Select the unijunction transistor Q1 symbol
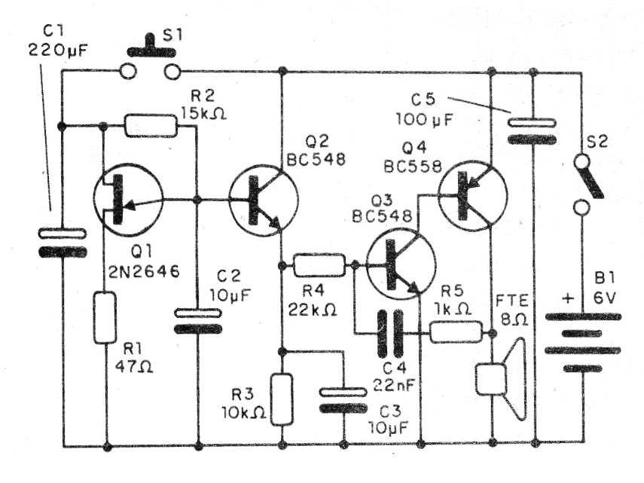pos(128,199)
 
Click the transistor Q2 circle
pos(263,200)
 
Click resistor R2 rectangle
pos(151,126)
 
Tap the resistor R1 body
pos(105,318)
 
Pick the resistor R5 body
pos(455,332)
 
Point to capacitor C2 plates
pos(197,320)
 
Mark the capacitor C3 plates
pos(343,400)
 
